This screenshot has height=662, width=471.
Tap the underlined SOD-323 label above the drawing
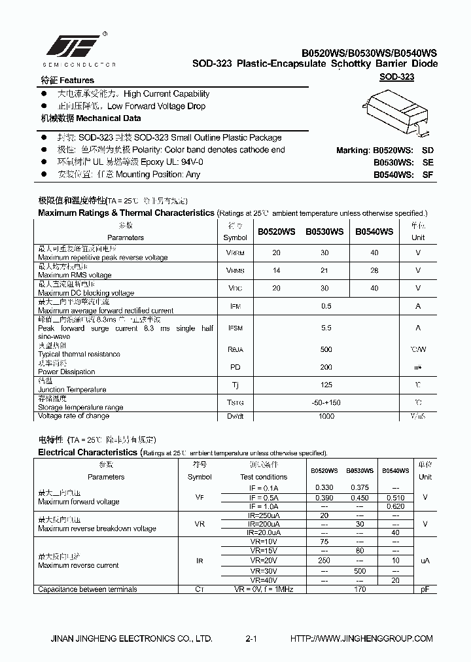[397, 77]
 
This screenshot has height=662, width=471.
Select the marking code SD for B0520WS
[428, 150]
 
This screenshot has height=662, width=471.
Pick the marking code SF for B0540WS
[428, 175]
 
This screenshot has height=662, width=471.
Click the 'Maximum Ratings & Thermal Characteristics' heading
[126, 213]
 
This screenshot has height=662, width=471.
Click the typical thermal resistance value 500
[326, 349]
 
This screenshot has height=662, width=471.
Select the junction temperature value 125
[326, 385]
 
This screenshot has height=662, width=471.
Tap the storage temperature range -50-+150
[326, 403]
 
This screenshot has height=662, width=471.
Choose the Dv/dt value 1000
[326, 416]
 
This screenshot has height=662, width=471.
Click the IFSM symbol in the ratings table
[235, 328]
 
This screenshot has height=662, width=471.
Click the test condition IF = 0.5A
[264, 497]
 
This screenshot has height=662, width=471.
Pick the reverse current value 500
[359, 571]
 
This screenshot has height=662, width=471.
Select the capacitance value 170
[359, 589]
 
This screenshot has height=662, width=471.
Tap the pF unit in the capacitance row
[425, 589]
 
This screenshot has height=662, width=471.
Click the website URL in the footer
[361, 638]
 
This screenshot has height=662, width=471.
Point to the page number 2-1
[251, 638]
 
